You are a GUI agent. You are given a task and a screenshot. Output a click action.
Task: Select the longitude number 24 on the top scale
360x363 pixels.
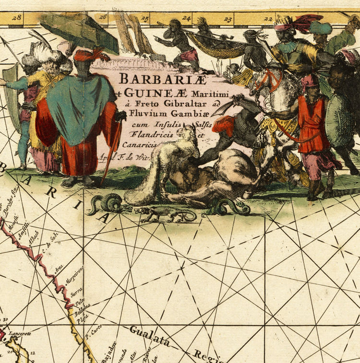(x=186, y=19)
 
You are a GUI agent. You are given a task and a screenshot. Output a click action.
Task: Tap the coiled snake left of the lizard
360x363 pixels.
(x=108, y=204)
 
